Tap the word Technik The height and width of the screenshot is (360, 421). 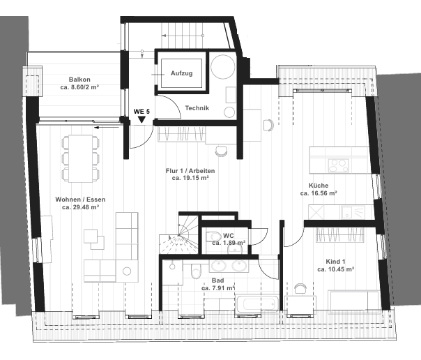pos(197,108)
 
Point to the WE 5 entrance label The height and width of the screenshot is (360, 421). pos(141,111)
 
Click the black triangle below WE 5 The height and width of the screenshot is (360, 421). pos(141,119)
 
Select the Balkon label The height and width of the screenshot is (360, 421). pos(79,79)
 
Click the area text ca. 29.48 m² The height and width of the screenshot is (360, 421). pos(80,207)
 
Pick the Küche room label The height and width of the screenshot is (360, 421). pos(319,186)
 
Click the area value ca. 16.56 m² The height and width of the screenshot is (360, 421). pos(319,193)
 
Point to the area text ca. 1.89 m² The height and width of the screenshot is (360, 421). pos(229,243)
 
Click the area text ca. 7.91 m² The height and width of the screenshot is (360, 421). pos(217,288)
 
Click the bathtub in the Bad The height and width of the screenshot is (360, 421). pos(259,304)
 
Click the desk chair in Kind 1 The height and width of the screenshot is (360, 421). pos(300,287)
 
